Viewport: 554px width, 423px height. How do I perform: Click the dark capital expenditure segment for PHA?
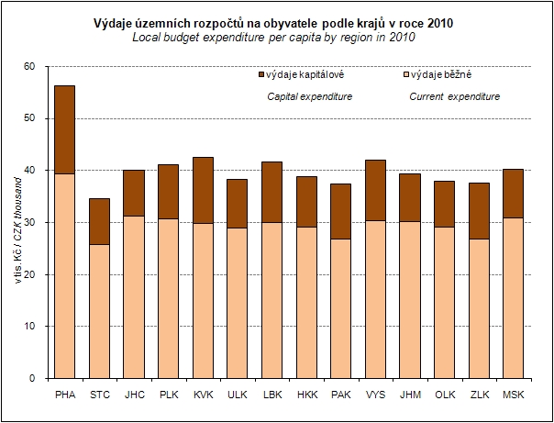pos(65,129)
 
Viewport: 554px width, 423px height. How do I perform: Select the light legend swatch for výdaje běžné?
pos(406,73)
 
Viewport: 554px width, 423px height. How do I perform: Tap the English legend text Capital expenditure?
pos(309,95)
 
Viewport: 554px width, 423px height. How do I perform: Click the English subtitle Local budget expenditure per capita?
pos(248,38)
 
